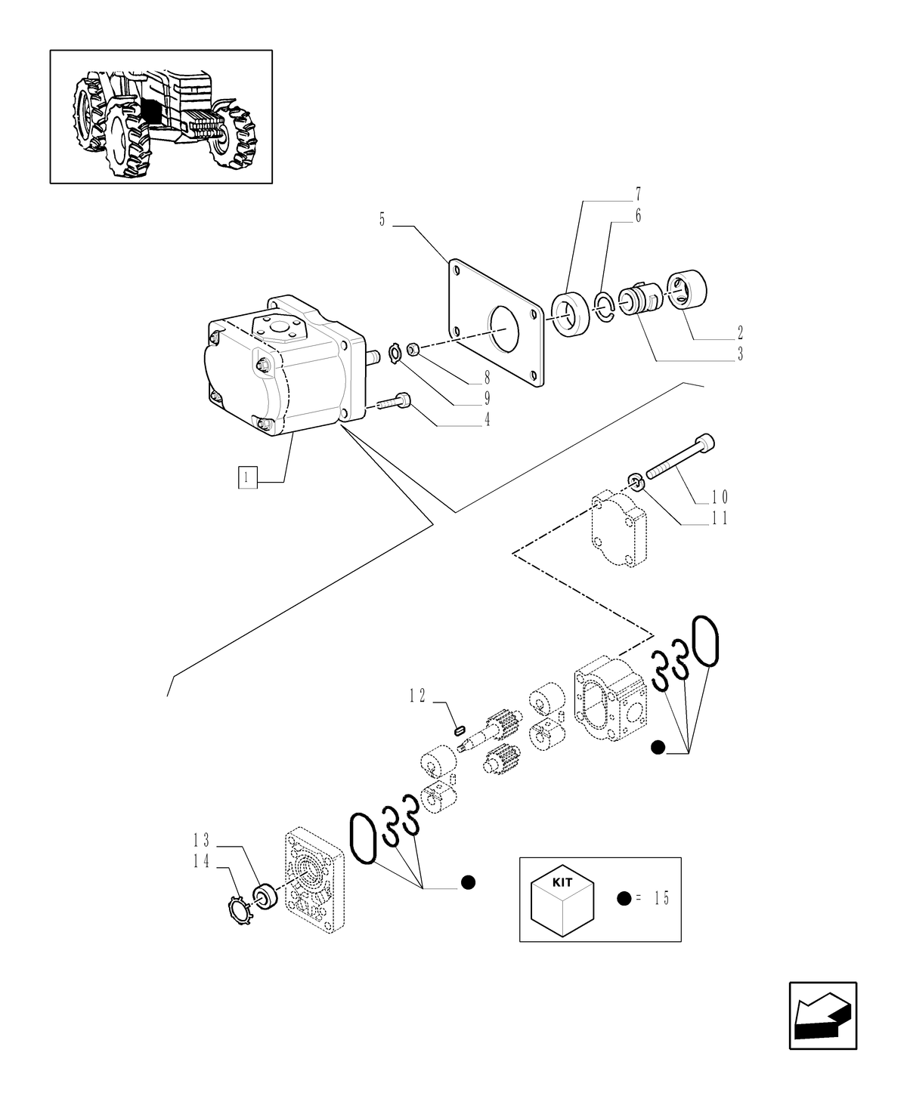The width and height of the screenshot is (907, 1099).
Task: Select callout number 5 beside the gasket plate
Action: [x=382, y=221]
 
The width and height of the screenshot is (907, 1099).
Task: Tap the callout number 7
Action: [x=638, y=193]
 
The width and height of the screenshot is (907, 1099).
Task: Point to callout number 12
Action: [x=418, y=696]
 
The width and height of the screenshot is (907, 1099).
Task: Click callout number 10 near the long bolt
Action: [x=718, y=497]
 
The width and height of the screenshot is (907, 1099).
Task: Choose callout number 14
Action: [x=200, y=862]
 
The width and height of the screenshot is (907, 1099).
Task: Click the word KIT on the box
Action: [x=562, y=882]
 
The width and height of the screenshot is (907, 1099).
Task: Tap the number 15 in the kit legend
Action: [x=661, y=898]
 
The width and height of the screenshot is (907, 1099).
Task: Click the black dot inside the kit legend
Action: [x=624, y=898]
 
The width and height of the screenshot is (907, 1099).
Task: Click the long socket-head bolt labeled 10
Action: [x=680, y=456]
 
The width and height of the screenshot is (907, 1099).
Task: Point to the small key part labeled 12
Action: [x=457, y=730]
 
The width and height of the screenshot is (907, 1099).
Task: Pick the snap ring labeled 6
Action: [x=602, y=306]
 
